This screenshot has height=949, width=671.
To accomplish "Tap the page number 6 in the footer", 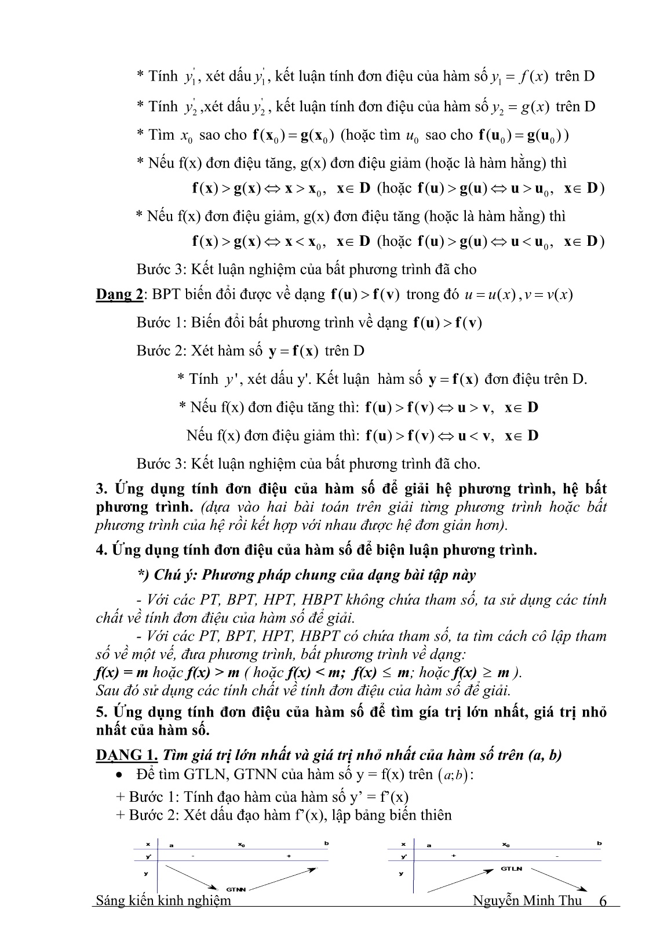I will pos(603,900).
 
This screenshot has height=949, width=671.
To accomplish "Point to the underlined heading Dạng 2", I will pos(119,294).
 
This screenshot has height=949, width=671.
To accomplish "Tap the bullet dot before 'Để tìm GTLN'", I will pos(119,775).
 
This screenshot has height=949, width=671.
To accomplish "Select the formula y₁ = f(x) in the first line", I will pos(519,77).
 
